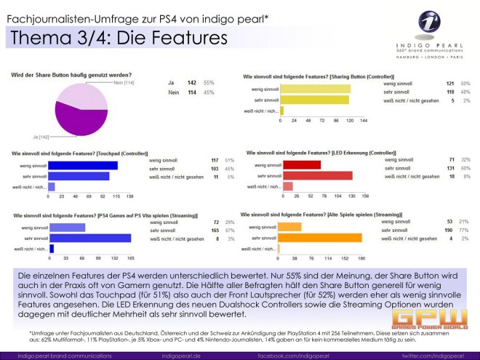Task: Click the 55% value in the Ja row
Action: pyautogui.click(x=209, y=84)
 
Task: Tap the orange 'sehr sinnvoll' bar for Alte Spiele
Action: pyautogui.click(x=321, y=238)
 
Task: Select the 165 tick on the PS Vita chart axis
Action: pyautogui.click(x=130, y=257)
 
